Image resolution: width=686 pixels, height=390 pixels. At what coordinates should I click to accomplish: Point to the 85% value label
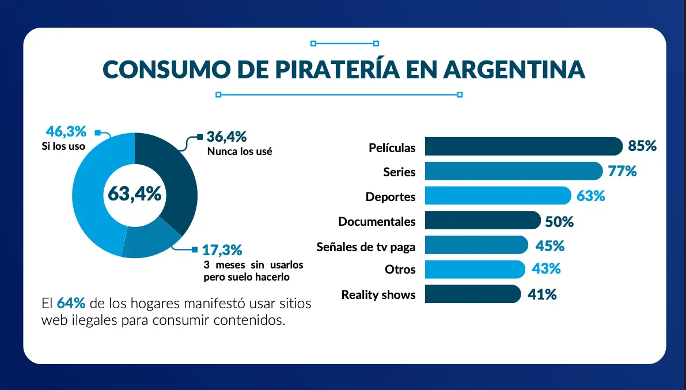pyautogui.click(x=642, y=146)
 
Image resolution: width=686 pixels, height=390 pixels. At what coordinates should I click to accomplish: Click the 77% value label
pyautogui.click(x=623, y=171)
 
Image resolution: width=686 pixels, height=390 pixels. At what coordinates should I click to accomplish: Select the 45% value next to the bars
pyautogui.click(x=549, y=246)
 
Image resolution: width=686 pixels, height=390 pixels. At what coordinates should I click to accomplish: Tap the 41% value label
pyautogui.click(x=542, y=294)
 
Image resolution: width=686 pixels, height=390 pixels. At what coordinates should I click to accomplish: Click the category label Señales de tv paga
pyautogui.click(x=366, y=247)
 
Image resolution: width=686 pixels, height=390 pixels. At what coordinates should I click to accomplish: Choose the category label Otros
pyautogui.click(x=400, y=270)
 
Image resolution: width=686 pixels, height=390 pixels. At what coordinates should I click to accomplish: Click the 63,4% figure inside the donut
pyautogui.click(x=135, y=194)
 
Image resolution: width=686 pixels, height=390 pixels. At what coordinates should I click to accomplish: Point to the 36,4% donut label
pyautogui.click(x=226, y=137)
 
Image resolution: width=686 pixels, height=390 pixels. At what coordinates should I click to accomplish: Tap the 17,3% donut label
pyautogui.click(x=222, y=250)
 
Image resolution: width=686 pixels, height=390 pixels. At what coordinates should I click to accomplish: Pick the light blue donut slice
pyautogui.click(x=92, y=196)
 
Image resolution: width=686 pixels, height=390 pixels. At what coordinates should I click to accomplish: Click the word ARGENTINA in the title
pyautogui.click(x=514, y=69)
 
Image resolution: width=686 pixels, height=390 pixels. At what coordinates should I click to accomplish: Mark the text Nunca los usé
pyautogui.click(x=239, y=152)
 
